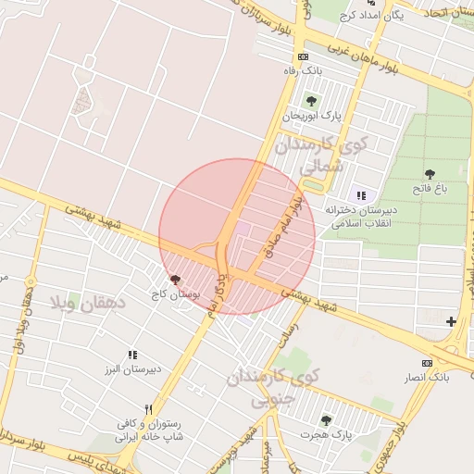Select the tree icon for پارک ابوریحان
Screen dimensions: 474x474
pos(309,101)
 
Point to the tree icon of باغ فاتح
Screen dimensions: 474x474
pos(430,174)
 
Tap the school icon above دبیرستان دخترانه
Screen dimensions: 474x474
pos(361,195)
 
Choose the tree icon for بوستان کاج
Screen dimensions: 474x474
pos(176,279)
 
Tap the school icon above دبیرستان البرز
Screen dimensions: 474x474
pos(132,355)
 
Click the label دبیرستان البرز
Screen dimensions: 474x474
pos(132,369)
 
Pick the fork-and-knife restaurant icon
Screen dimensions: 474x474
pos(148,409)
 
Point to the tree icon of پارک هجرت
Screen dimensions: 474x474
pos(325,419)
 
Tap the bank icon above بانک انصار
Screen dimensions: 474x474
pos(427,363)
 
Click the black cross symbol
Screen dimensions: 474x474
pos(451,321)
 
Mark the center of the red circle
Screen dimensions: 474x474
pos(237,237)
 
